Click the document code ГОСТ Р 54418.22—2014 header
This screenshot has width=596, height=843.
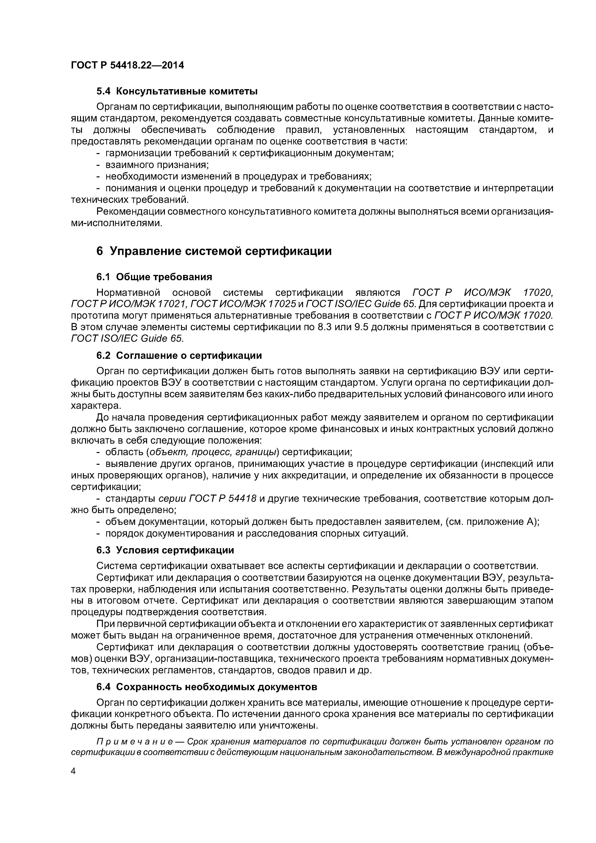click(127, 65)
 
